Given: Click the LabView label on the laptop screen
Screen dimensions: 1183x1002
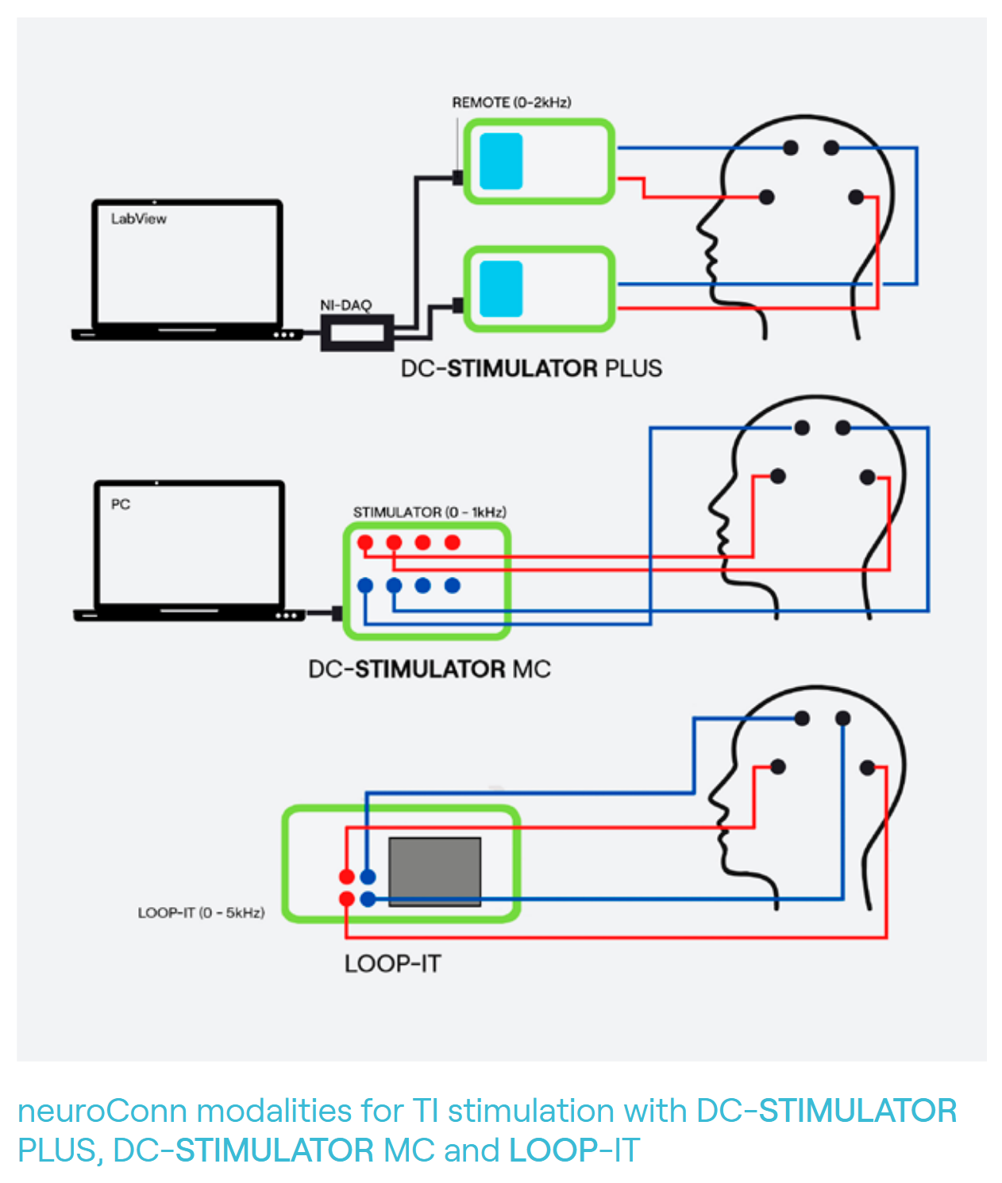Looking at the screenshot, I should tap(139, 219).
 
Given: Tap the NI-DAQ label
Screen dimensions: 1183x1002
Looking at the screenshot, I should tap(345, 305).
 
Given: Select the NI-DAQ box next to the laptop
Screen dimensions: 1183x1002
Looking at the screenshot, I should tap(356, 332).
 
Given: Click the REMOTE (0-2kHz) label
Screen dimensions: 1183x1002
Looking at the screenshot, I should tap(511, 102).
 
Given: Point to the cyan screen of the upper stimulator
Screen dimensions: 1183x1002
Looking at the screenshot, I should tap(501, 161).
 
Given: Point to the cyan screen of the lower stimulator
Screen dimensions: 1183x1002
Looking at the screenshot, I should tap(501, 289).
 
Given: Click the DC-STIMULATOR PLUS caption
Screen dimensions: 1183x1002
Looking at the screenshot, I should tap(531, 369).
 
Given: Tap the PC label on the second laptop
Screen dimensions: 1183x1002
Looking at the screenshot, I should tap(121, 505).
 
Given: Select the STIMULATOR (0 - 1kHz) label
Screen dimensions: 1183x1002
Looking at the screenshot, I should tap(430, 513).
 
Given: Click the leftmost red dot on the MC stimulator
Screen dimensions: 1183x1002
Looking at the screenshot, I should tap(365, 543).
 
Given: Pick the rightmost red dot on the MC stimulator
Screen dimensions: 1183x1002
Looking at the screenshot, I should tap(453, 543).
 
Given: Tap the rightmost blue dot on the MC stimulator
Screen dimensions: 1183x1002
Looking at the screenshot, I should tap(453, 586).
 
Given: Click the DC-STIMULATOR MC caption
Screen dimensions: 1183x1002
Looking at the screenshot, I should tap(430, 670).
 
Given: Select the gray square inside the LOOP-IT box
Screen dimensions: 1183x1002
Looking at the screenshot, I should tap(434, 871).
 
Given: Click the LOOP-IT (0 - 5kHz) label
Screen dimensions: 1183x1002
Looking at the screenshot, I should tap(201, 913).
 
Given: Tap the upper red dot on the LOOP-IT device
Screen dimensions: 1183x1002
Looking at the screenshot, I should tap(347, 877).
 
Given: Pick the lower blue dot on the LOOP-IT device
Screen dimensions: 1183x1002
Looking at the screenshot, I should tap(368, 899).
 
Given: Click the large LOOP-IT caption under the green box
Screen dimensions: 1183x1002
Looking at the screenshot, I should tap(392, 964).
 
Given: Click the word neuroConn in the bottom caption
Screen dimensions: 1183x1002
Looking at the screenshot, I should tap(102, 1111).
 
